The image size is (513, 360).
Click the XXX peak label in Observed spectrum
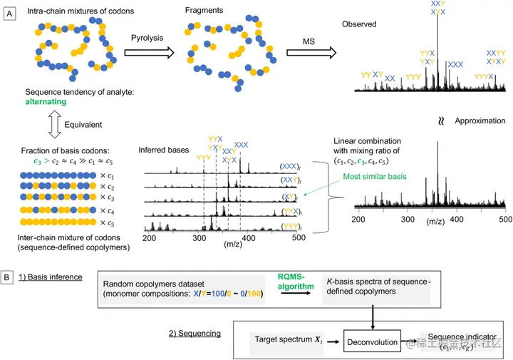455,63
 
